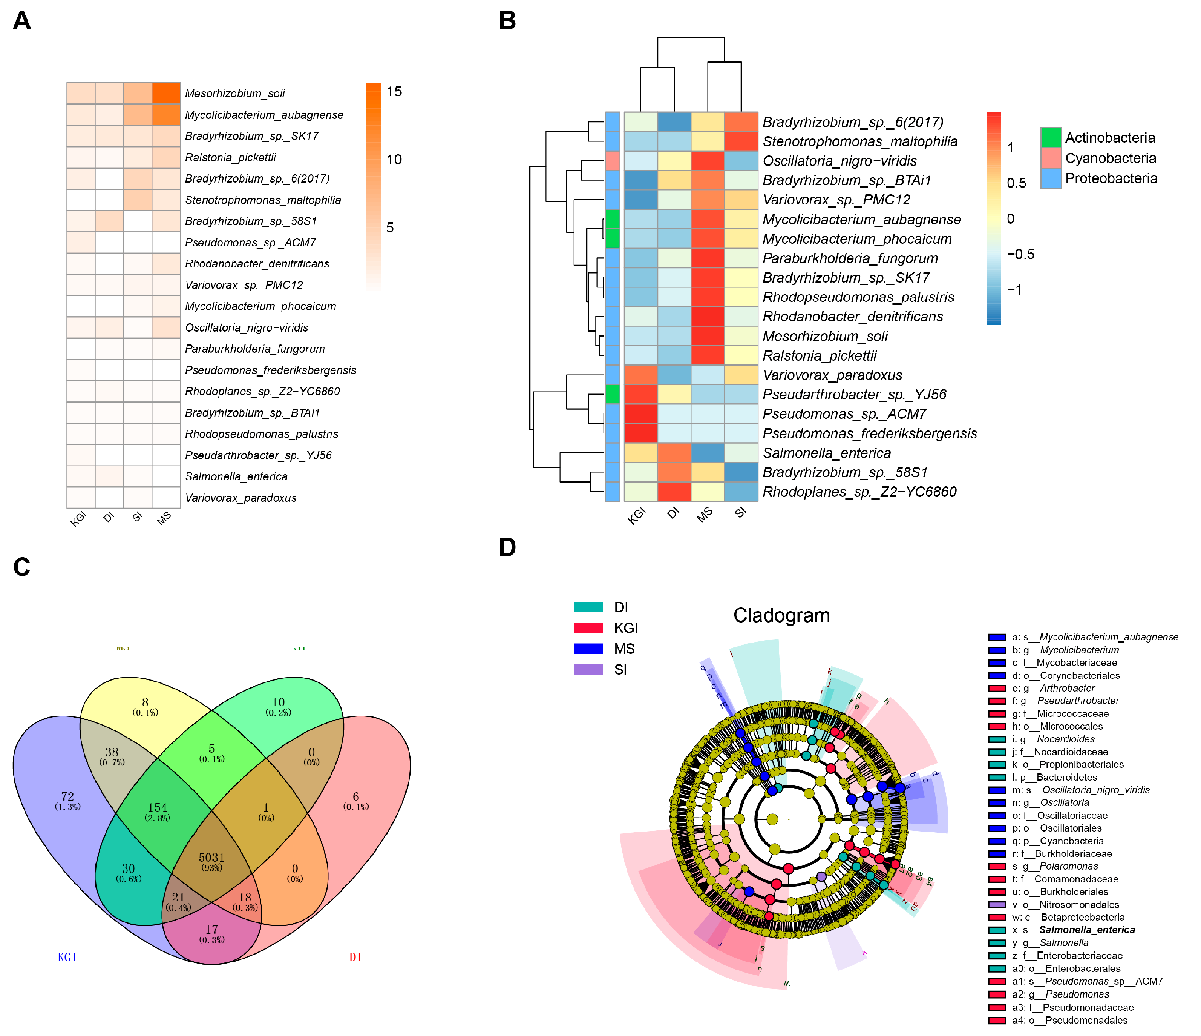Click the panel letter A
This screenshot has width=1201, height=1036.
point(22,21)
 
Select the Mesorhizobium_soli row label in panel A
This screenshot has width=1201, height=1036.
point(235,94)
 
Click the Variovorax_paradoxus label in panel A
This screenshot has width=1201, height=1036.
point(241,498)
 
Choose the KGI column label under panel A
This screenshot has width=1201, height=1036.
point(78,518)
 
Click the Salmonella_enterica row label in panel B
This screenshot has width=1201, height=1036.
point(827,453)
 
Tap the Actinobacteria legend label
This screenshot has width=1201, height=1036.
point(1110,137)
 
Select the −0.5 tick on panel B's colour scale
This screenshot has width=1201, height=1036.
point(1020,254)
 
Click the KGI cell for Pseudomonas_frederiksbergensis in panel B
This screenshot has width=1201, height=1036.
point(640,433)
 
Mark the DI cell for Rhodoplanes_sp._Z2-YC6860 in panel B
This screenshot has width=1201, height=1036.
point(674,492)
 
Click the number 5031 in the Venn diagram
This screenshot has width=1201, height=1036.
point(211,857)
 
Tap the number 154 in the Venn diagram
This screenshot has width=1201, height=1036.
point(157,807)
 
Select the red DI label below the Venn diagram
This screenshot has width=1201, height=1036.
point(355,957)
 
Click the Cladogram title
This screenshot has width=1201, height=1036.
point(781,615)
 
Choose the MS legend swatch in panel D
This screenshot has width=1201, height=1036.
point(588,649)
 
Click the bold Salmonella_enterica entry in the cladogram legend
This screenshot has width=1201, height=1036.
point(1087,930)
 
